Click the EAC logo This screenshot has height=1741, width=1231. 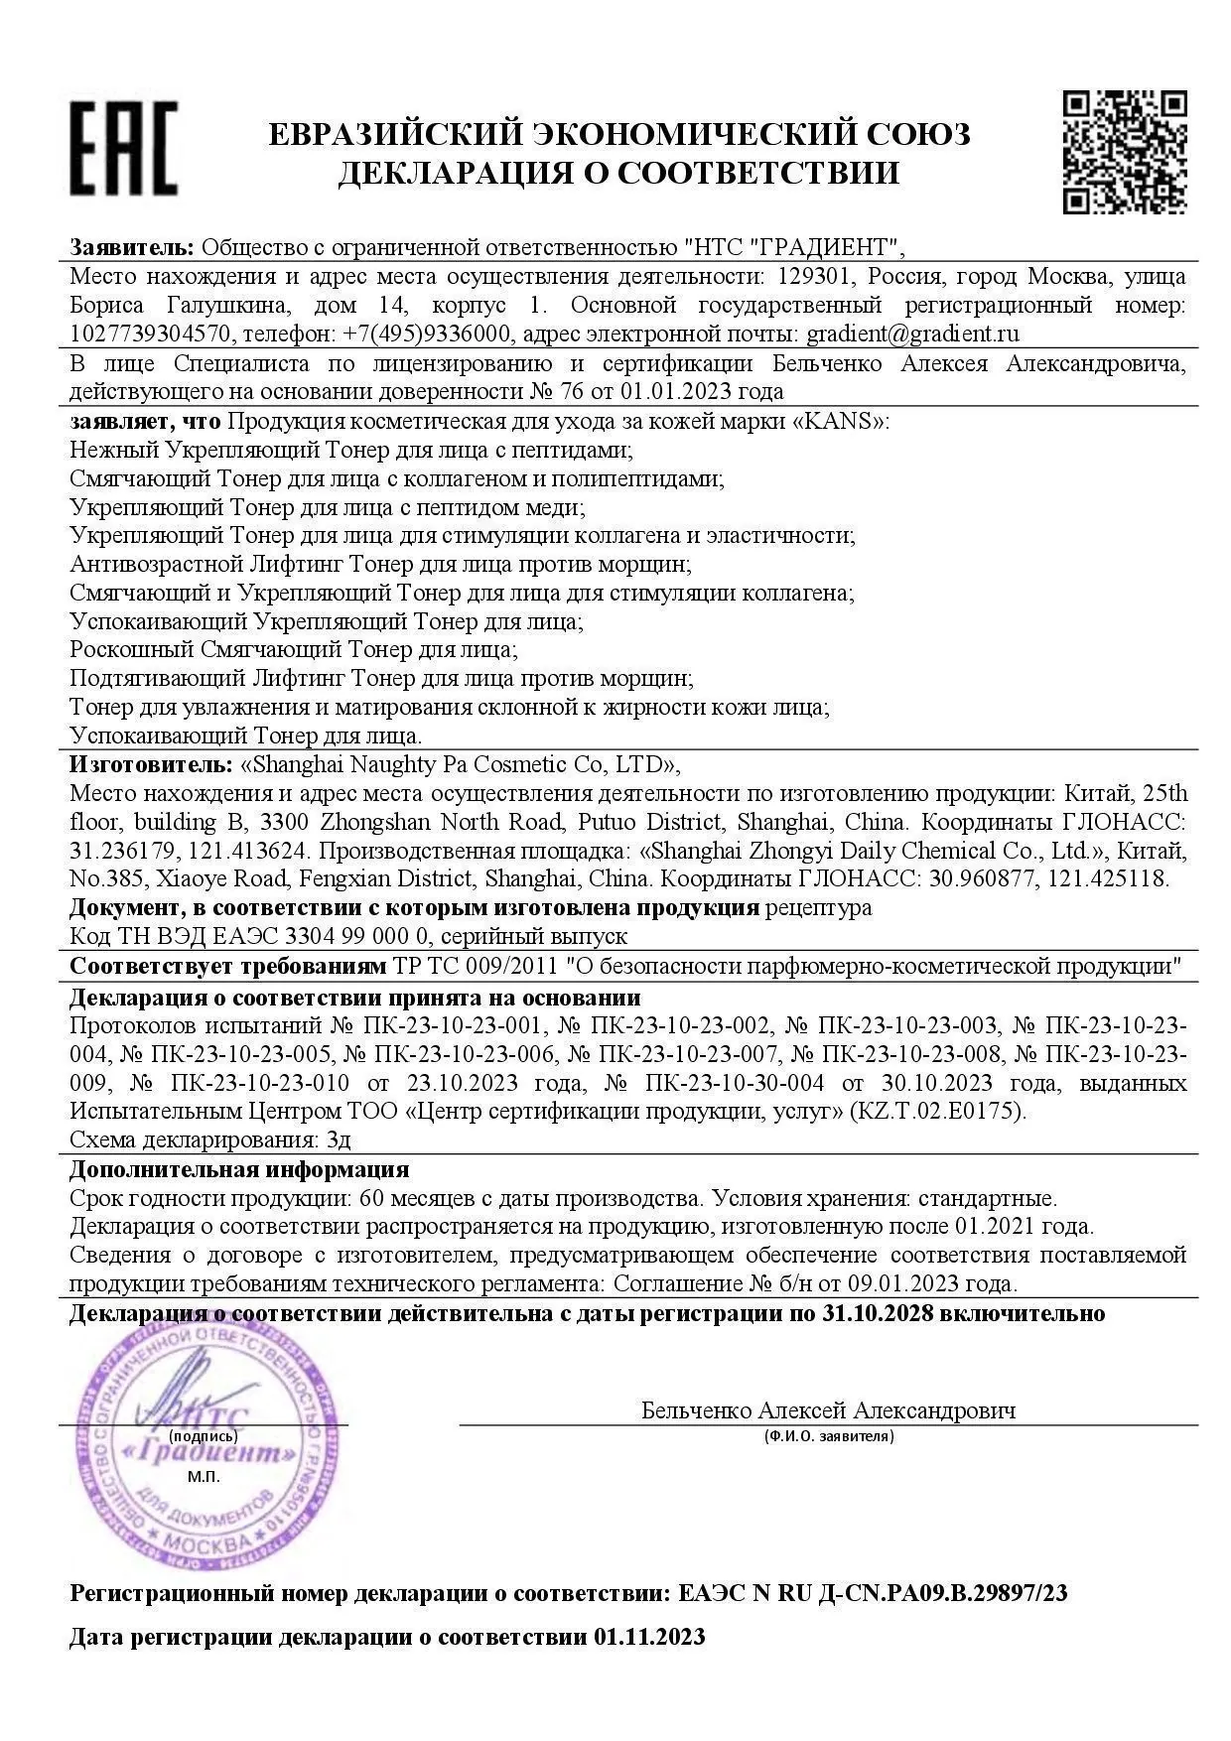coord(123,147)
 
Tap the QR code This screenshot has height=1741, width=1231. coord(1125,151)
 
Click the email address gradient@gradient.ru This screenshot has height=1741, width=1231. coord(912,334)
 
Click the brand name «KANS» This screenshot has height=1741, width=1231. coord(838,421)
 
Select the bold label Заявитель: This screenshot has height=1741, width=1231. coord(132,247)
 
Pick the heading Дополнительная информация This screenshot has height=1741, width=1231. coord(239,1170)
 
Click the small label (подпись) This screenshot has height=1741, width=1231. coord(203,1436)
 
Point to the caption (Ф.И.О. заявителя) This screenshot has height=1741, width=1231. coord(829,1436)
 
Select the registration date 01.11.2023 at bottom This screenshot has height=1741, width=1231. coord(650,1637)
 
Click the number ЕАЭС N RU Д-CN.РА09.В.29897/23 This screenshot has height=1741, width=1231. coord(874,1594)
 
